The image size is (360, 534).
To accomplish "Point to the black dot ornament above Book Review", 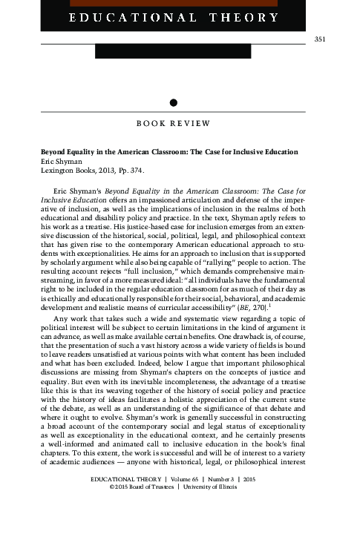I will [x=173, y=102].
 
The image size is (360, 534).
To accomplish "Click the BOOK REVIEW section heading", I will [x=172, y=122].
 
